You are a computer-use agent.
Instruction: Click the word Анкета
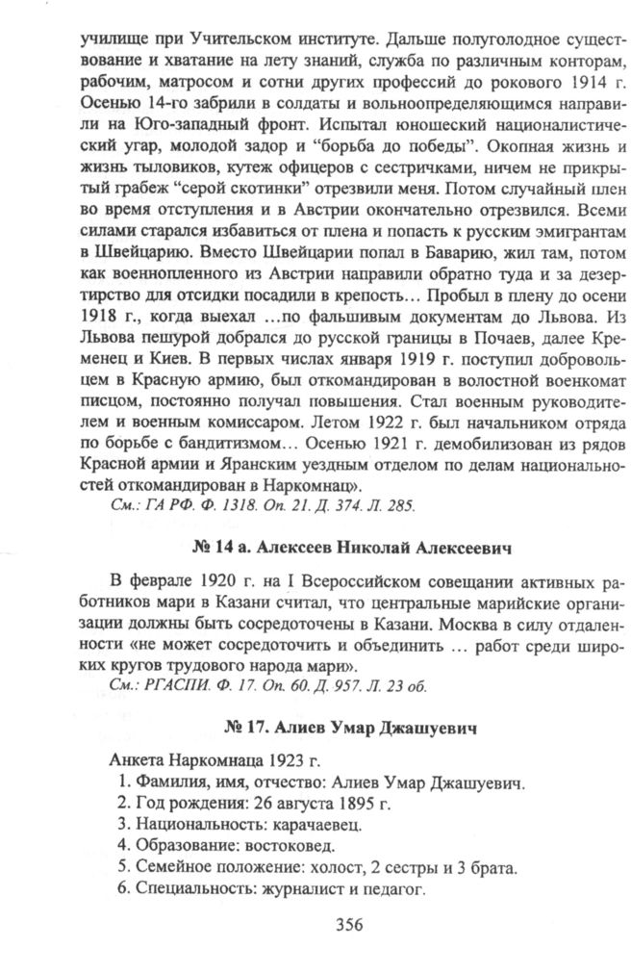137,758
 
